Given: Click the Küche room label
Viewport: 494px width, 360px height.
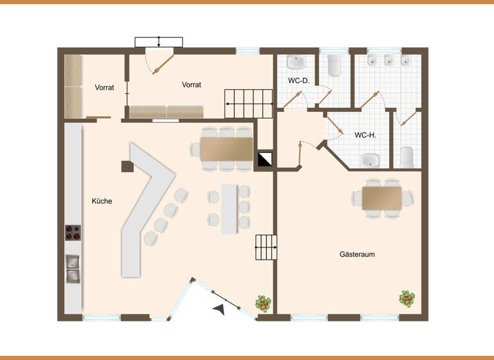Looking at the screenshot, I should pos(102,201).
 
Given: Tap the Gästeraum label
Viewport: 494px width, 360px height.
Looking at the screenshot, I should pos(357,255).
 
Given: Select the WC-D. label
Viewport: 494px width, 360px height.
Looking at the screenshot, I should pos(299,80).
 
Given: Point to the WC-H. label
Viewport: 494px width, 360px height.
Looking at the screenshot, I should pos(365,136).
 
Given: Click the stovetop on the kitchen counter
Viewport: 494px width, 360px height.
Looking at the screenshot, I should pos(73,232).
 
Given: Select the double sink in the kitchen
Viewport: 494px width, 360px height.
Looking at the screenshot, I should pos(73,269).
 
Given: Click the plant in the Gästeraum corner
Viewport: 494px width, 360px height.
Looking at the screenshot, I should pos(407,298).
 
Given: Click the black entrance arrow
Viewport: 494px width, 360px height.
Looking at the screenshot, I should pos(220,309).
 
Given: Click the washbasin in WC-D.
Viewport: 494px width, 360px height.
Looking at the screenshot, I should pos(296,62).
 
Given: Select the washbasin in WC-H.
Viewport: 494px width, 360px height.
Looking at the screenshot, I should pos(370,159).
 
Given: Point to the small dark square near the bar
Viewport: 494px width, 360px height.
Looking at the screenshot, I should pos(127,166).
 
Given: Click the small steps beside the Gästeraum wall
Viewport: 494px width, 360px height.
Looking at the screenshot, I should pos(266,248).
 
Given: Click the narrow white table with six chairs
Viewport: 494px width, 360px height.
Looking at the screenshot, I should pos(229,209).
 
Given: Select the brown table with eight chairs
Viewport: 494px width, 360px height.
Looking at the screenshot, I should pos(226,148).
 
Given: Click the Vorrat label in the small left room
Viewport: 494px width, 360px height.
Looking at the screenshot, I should pos(104,87).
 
